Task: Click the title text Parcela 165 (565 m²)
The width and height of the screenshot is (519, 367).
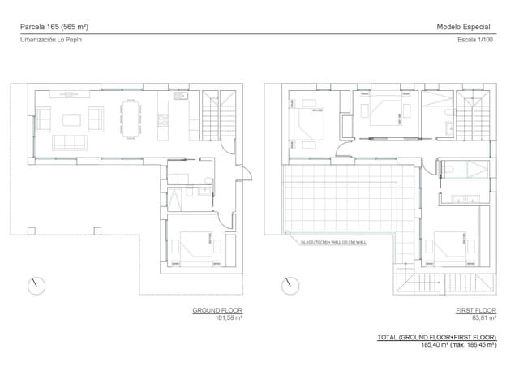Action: pyautogui.click(x=54, y=27)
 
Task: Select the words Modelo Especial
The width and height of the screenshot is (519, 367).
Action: pyautogui.click(x=463, y=27)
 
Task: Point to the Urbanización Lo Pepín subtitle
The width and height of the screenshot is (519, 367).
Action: pyautogui.click(x=50, y=39)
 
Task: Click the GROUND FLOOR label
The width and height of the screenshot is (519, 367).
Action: pyautogui.click(x=217, y=311)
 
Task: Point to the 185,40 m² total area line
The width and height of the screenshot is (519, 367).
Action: pyautogui.click(x=458, y=344)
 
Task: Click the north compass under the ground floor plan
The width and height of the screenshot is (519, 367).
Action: pyautogui.click(x=36, y=286)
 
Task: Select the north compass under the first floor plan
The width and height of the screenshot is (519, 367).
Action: pyautogui.click(x=289, y=286)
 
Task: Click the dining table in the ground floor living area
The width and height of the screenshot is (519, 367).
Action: pyautogui.click(x=130, y=119)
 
